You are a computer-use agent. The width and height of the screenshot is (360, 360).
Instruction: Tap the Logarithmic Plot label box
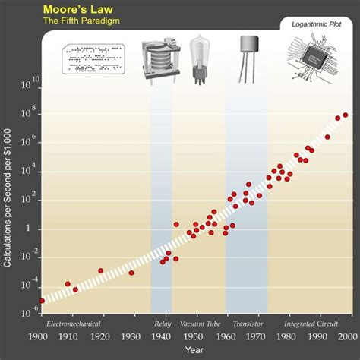[x=317, y=24]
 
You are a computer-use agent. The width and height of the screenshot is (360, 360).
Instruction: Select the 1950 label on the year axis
[x=194, y=337]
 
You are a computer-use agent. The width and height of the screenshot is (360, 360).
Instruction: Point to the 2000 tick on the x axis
[x=347, y=337]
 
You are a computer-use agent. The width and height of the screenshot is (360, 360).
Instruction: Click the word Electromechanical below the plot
[x=74, y=324]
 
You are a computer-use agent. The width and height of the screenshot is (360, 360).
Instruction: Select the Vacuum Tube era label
[x=197, y=324]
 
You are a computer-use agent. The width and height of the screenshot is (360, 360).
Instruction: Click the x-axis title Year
[x=194, y=349]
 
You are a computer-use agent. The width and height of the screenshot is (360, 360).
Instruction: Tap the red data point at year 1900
[x=42, y=301]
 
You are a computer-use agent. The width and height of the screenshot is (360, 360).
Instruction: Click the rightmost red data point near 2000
[x=346, y=115]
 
